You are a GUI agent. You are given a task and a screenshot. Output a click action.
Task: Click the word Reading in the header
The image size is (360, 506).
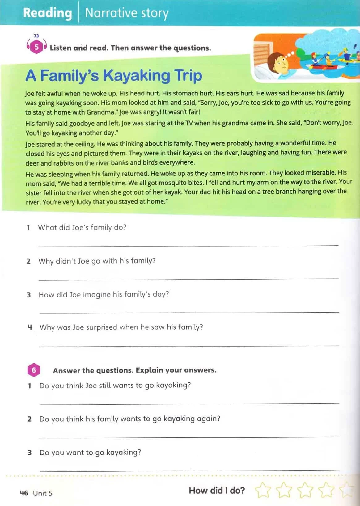point(47,13)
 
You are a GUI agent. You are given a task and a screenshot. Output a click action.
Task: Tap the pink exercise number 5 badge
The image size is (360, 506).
point(37,47)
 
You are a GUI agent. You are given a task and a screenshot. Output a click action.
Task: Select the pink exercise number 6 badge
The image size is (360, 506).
point(34,370)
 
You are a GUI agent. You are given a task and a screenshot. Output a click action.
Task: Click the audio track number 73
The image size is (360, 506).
point(36,36)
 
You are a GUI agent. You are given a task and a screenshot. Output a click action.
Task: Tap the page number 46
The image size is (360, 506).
point(24,493)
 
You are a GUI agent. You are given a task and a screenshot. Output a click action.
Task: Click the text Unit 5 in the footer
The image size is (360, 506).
point(43,493)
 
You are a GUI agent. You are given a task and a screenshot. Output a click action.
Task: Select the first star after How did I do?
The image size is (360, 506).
point(263,490)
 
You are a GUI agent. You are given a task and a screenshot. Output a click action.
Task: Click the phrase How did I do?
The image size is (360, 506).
point(217,490)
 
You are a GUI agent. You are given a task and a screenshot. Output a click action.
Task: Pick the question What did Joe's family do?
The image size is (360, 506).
point(82,227)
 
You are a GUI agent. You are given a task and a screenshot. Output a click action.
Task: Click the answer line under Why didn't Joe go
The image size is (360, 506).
point(188,279)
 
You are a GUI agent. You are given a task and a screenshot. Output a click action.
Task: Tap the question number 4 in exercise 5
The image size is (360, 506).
point(30,327)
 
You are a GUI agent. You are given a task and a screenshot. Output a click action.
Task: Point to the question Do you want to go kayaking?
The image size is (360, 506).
point(90,452)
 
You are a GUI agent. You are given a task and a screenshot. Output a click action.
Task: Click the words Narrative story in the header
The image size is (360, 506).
point(127,13)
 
